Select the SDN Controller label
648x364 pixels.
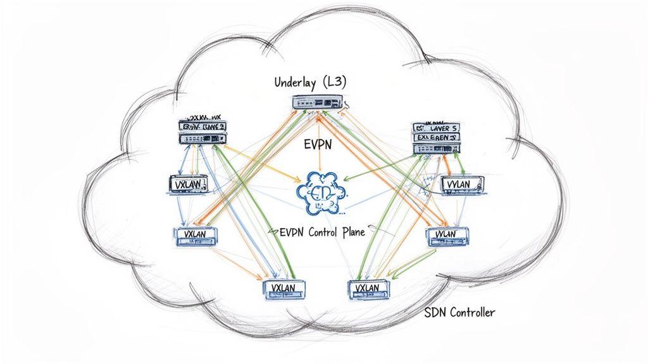click(459, 312)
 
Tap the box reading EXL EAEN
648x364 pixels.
click(437, 137)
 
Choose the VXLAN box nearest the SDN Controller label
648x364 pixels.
click(369, 288)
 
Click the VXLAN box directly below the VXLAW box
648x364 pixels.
click(196, 235)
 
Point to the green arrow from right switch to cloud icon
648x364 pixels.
click(373, 166)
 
